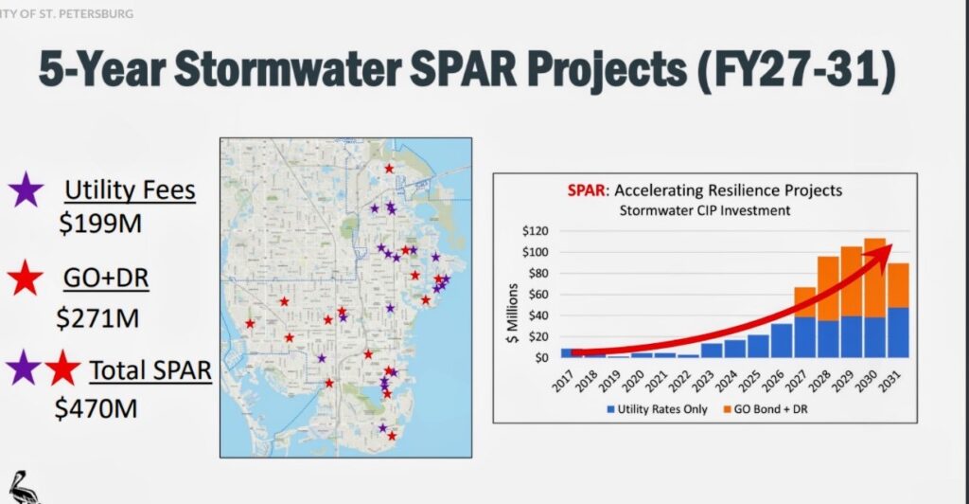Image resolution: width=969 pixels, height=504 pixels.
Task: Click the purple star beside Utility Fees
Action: coord(26,190)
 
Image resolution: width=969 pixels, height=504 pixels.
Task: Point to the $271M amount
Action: coord(97,317)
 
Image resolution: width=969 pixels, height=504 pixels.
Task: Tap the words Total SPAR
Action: coord(150,369)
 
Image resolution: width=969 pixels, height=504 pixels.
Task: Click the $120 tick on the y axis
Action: coord(535,231)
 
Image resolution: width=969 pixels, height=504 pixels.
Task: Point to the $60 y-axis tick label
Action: coord(537,295)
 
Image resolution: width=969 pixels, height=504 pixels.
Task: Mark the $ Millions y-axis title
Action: coord(512,301)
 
